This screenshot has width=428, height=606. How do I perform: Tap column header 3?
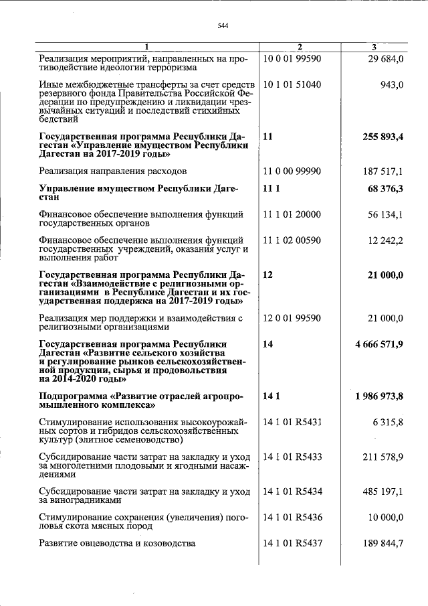pos(374,47)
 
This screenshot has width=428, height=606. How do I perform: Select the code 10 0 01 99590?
pos(292,58)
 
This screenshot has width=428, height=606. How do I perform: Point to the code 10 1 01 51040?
pos(292,84)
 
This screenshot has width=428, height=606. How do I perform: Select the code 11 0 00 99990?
pos(292,171)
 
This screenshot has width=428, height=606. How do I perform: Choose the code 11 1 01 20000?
pos(292,214)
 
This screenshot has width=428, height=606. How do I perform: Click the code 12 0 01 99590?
pos(292,318)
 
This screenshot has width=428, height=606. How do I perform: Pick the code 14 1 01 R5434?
pos(293,491)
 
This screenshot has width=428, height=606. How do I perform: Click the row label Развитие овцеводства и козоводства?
pos(117,543)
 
